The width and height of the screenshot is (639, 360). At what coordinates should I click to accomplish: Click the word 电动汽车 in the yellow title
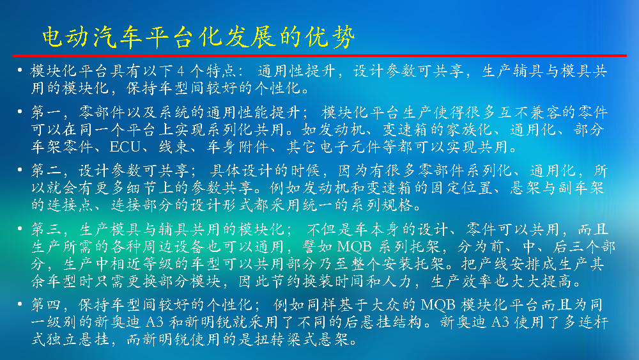(92, 37)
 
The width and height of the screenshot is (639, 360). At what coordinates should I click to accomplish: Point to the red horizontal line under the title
(319, 55)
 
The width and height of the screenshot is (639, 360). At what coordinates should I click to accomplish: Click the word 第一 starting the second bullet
(47, 113)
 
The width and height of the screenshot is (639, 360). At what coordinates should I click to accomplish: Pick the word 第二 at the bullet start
(47, 171)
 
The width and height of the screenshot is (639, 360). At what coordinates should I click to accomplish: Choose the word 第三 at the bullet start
(47, 230)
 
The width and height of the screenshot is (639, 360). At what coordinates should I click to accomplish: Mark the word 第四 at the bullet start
(47, 305)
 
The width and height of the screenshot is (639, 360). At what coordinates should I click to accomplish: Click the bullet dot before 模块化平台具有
(20, 70)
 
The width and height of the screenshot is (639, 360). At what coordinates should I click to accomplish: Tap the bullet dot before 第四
(20, 304)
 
